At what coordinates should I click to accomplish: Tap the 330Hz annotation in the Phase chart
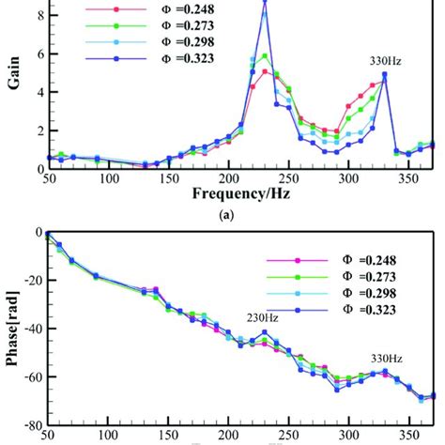click(383, 358)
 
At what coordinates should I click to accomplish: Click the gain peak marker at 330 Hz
click(384, 75)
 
